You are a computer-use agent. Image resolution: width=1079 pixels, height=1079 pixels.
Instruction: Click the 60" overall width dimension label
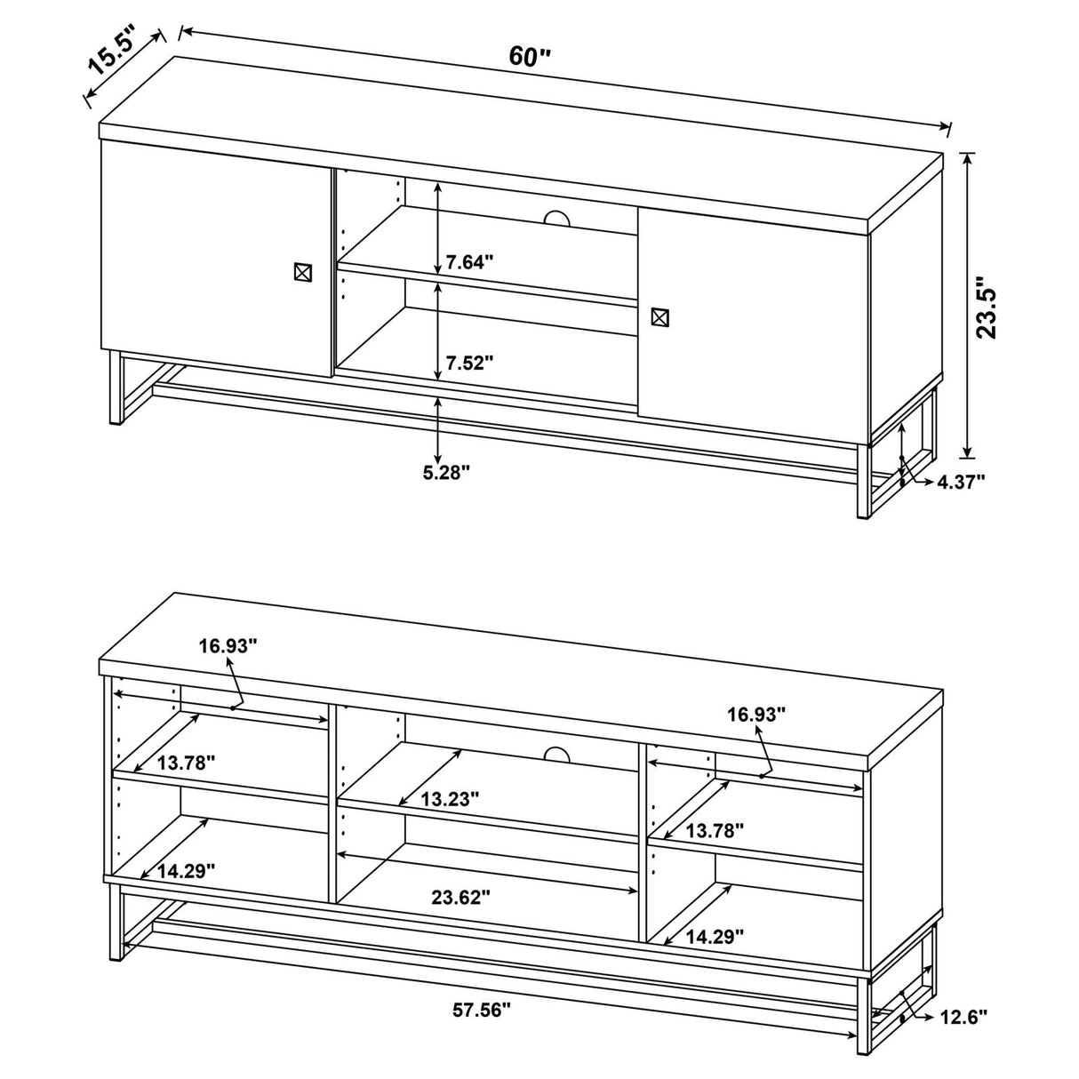(x=531, y=57)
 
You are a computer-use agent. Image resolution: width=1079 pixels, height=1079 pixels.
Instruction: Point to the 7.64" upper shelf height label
(x=469, y=262)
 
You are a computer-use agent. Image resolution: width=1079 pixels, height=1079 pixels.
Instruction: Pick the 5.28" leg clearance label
(x=445, y=473)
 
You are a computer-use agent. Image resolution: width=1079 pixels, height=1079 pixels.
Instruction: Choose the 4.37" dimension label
(x=962, y=482)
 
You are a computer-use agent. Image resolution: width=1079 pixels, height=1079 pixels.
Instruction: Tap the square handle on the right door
(x=659, y=316)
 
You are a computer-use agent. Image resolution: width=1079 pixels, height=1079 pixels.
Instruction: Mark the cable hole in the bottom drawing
(x=557, y=755)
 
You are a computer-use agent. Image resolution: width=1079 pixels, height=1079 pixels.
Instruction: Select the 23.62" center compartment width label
(x=461, y=897)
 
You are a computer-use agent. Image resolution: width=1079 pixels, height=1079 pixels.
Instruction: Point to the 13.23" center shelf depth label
(x=450, y=799)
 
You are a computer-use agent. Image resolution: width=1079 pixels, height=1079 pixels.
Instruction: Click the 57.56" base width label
(x=482, y=1010)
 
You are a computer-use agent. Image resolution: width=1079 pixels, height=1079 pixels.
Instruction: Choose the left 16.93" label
(x=228, y=646)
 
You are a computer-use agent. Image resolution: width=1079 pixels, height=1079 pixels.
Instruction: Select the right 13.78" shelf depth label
(x=715, y=830)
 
